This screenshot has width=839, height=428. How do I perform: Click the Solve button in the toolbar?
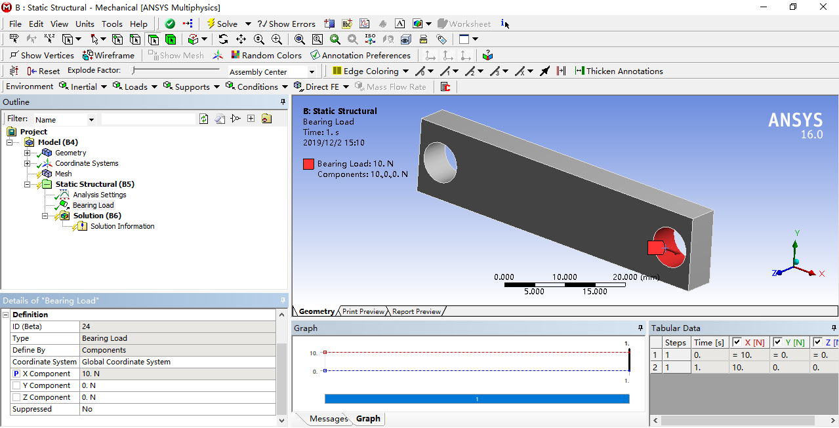click(x=222, y=24)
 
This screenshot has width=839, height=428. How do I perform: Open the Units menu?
click(x=85, y=24)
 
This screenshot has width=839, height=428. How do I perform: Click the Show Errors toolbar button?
click(x=287, y=24)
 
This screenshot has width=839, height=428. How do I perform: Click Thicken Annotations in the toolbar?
click(x=619, y=71)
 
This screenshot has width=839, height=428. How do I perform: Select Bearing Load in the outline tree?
click(x=93, y=205)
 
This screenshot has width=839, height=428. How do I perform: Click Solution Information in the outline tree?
click(x=122, y=226)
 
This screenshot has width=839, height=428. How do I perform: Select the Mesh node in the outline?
click(x=63, y=174)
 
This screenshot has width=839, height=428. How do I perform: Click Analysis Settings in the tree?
click(x=99, y=195)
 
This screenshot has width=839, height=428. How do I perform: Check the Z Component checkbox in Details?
click(x=16, y=397)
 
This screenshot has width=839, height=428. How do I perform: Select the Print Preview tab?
click(x=363, y=311)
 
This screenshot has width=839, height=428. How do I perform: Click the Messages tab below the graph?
click(x=328, y=419)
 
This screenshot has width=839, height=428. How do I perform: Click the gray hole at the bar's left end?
click(x=440, y=162)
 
